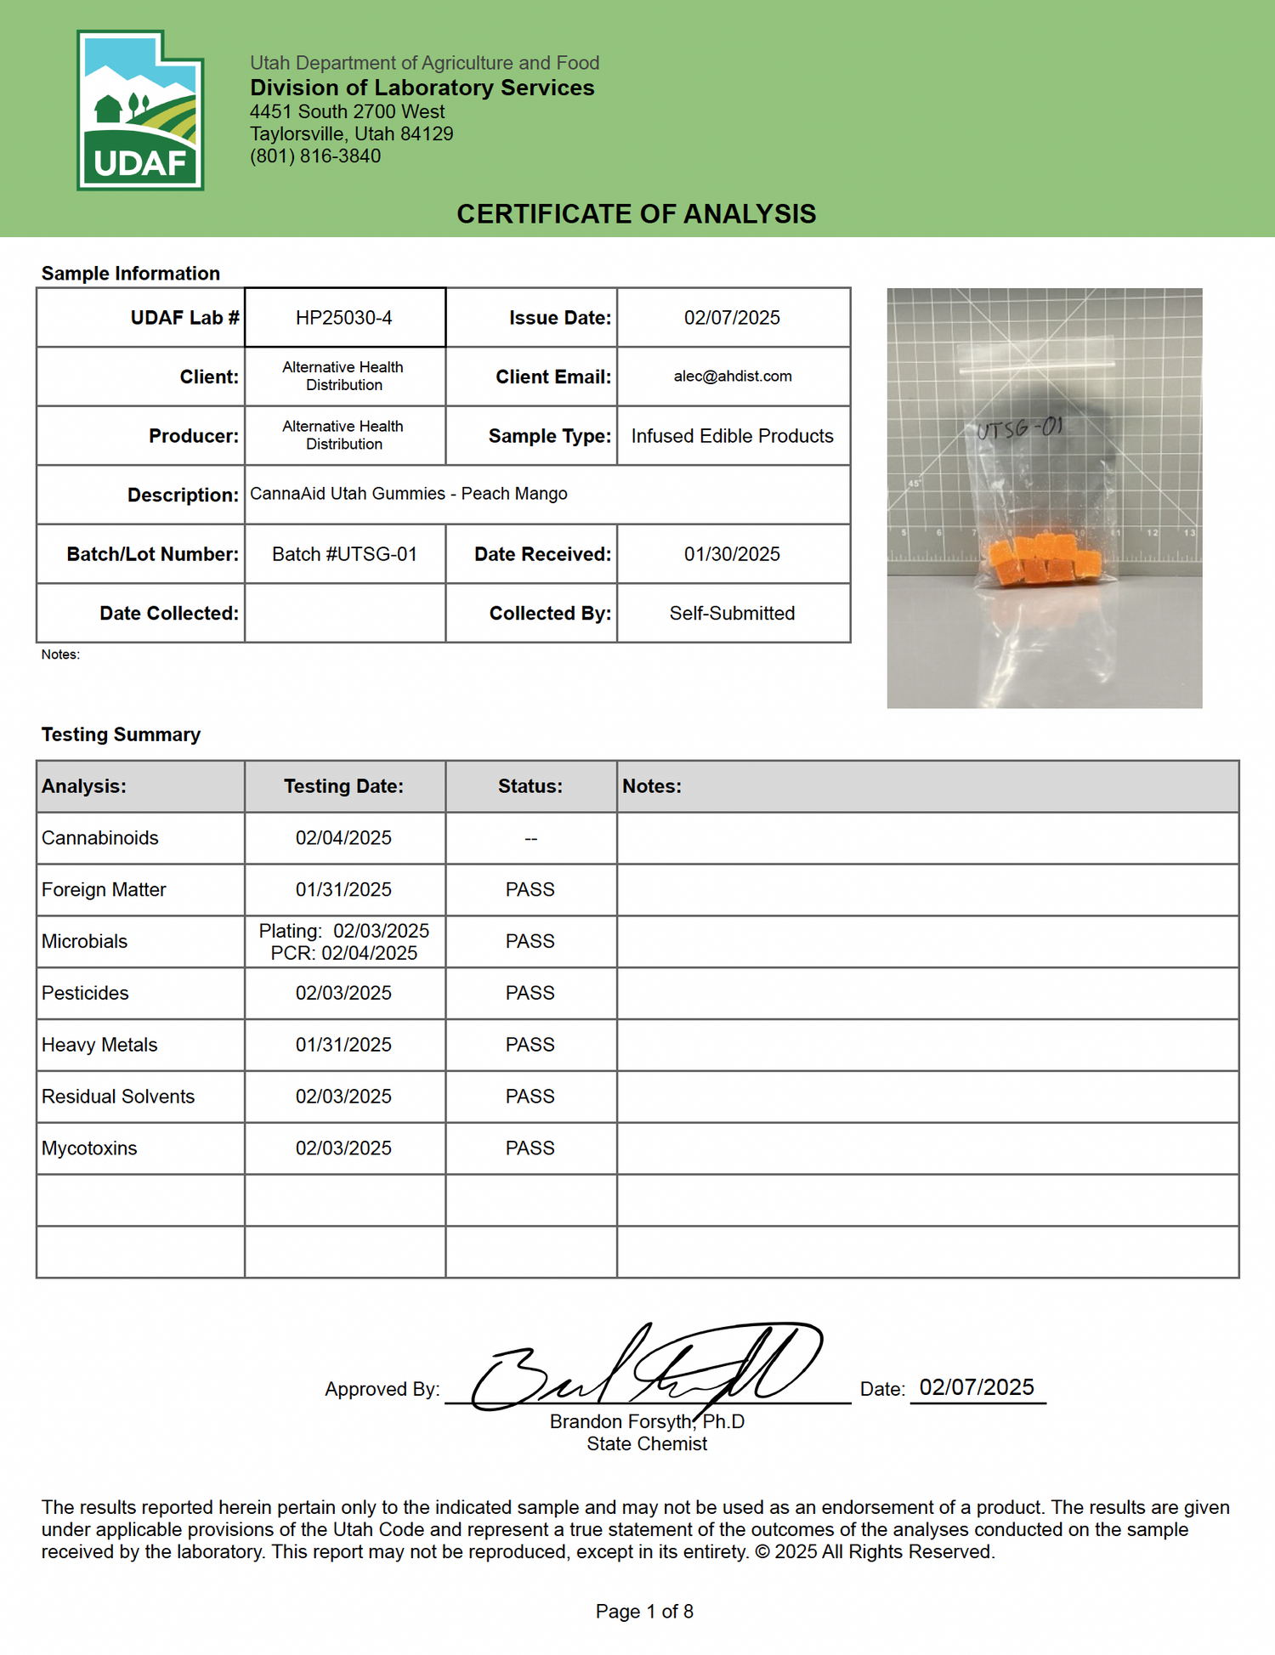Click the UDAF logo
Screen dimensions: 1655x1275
coord(140,111)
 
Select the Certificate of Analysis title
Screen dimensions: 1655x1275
coord(636,214)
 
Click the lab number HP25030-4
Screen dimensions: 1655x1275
coord(344,318)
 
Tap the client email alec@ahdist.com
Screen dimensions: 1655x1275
coord(733,377)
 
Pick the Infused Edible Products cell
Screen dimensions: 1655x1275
coord(732,436)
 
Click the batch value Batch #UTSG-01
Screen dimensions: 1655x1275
coord(344,554)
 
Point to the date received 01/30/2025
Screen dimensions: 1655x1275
coord(732,554)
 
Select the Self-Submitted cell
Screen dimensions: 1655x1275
coord(732,614)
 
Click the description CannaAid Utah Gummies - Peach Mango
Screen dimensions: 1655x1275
coord(408,494)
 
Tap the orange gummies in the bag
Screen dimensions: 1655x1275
coord(1045,559)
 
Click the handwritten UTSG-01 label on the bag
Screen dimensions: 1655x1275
coord(1019,428)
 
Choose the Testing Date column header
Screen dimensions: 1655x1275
coord(343,786)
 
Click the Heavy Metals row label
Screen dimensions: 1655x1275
coord(99,1045)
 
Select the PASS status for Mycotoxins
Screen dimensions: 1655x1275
coord(530,1148)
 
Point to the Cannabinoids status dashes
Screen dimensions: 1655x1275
coord(530,839)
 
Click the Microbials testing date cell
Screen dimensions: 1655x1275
coord(344,942)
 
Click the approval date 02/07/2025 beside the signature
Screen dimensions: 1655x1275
coord(977,1388)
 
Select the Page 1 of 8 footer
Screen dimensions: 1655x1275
coord(644,1612)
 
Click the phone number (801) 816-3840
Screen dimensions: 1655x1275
coord(315,156)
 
